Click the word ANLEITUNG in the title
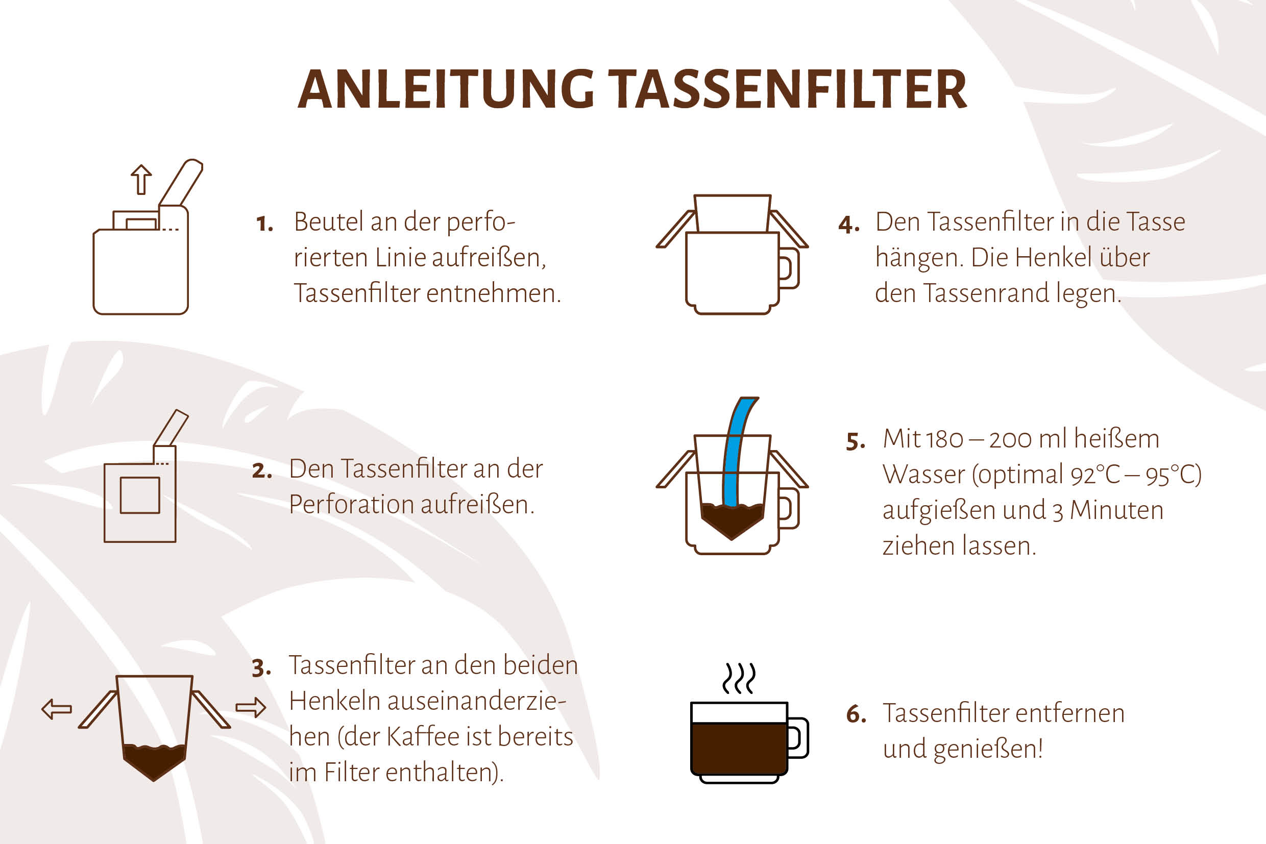[446, 89]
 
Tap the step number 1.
[264, 224]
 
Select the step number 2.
[262, 471]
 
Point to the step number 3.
[261, 668]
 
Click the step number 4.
[848, 225]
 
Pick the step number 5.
[856, 441]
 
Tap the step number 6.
[856, 714]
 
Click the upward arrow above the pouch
[141, 179]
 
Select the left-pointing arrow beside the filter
[57, 709]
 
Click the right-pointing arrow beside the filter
[251, 708]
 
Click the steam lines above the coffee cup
[739, 678]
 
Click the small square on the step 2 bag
[140, 495]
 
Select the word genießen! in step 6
[988, 750]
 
